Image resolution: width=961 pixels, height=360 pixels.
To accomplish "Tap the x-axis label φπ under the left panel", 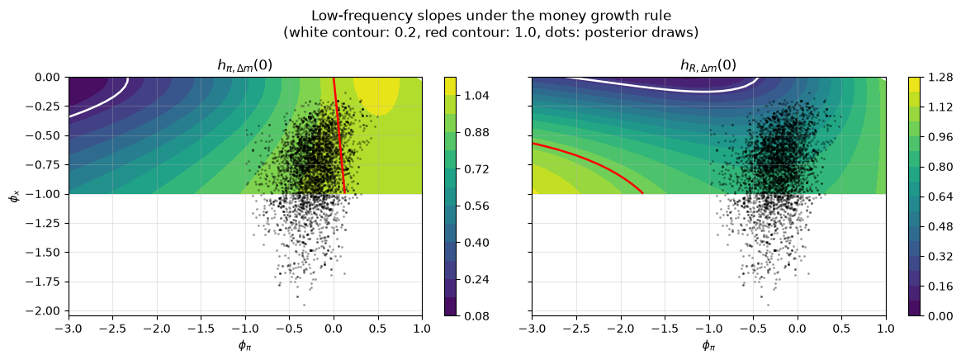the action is point(245,348).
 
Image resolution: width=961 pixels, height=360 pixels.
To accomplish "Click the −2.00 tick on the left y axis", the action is point(49,311).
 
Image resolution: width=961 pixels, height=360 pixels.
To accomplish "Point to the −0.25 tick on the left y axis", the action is point(49,107).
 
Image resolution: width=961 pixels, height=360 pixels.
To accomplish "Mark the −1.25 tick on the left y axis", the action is point(49,223).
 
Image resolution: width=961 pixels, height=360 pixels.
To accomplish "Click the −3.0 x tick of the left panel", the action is point(69,328).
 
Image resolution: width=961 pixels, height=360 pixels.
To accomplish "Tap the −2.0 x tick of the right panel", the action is point(621,328).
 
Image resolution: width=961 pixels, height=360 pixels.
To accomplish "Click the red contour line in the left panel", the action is point(339,135).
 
